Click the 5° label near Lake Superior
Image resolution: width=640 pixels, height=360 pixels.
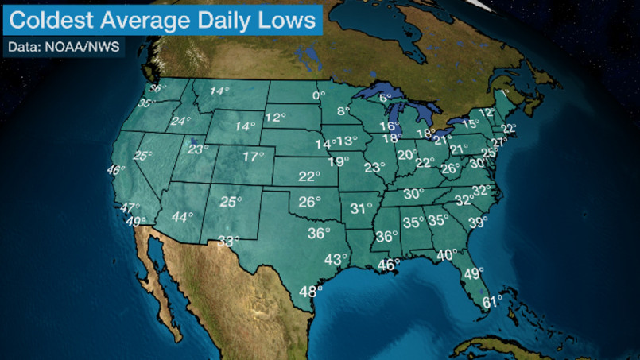tap(386, 99)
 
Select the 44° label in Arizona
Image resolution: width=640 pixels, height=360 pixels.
tap(182, 217)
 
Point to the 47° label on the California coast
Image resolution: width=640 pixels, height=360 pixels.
tap(129, 208)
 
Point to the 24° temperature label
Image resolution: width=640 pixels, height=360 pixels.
tap(181, 122)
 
